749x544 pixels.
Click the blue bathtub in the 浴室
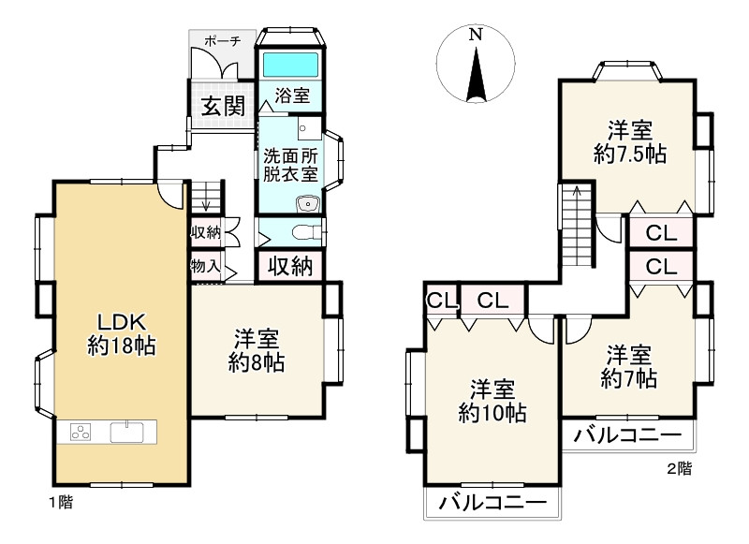click(290, 66)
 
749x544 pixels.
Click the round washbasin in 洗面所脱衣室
click(305, 205)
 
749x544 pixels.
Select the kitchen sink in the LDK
click(129, 433)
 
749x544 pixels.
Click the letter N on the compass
click(476, 35)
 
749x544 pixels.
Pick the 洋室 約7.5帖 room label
click(629, 141)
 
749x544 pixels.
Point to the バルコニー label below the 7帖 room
click(627, 435)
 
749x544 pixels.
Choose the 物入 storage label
click(205, 267)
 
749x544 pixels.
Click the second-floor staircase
click(576, 225)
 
